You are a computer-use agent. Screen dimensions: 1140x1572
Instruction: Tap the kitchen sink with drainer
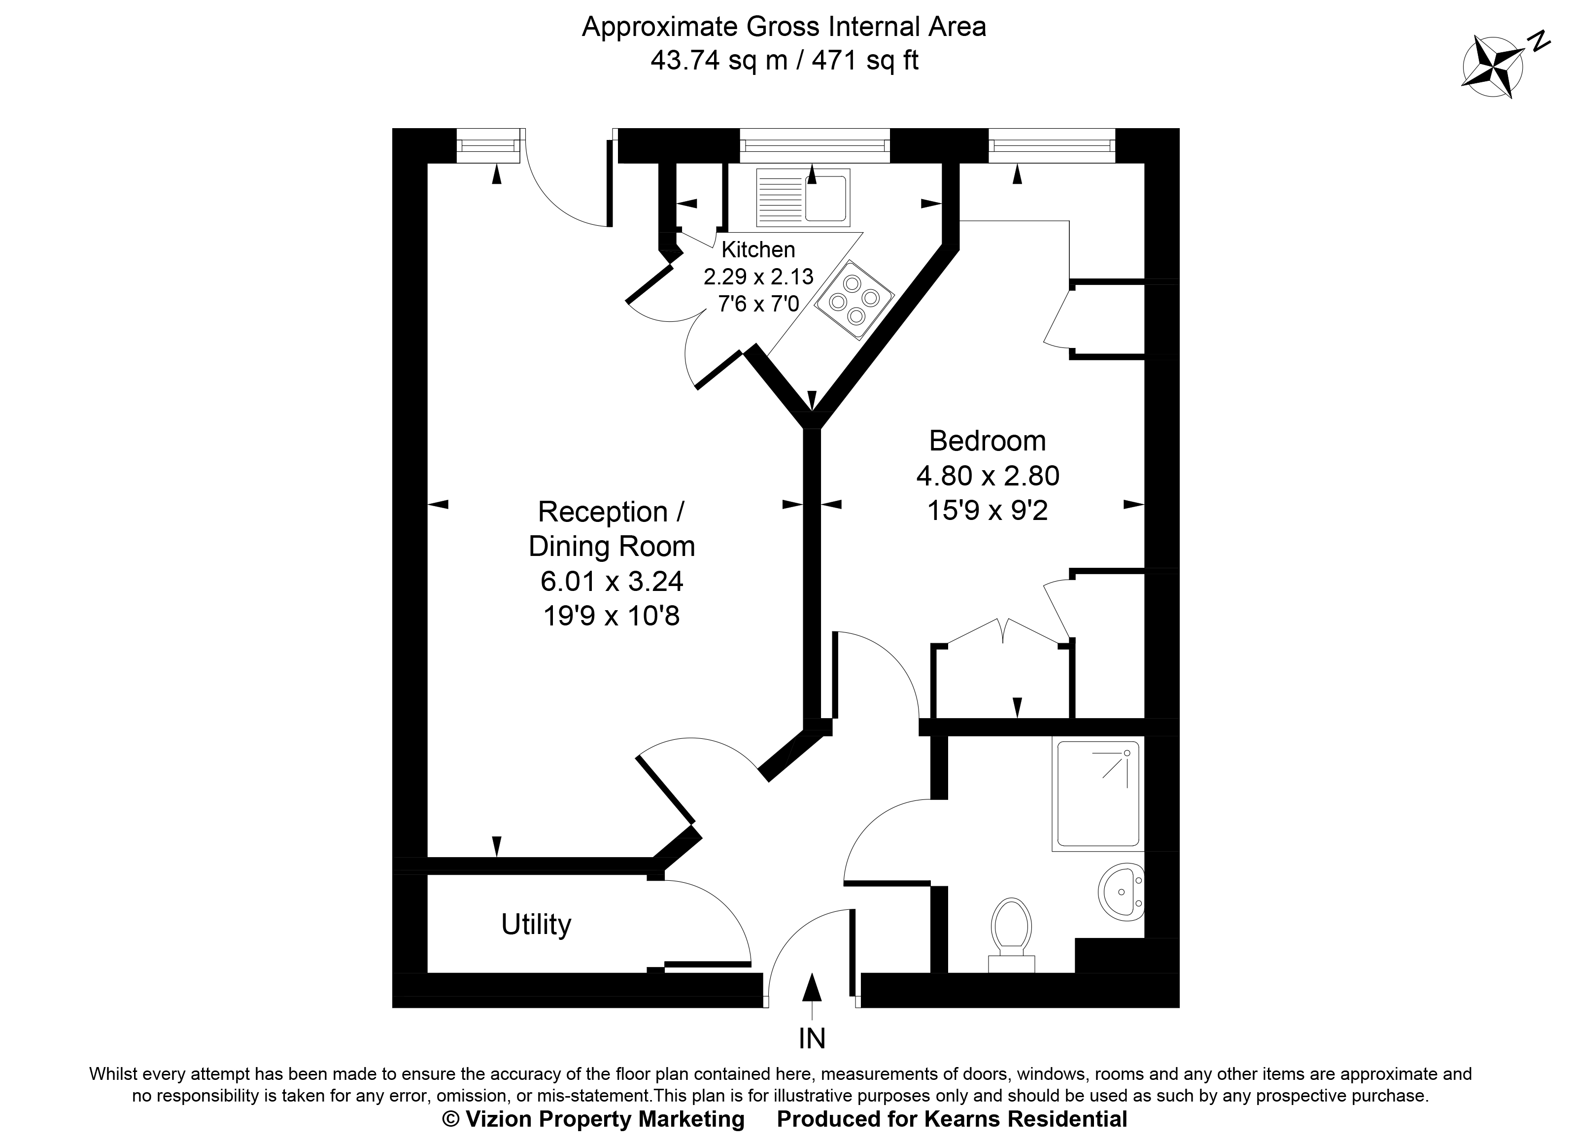coord(803,198)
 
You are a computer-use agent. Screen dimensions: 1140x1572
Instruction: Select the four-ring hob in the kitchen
coord(854,300)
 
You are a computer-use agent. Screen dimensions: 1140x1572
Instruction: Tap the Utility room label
coord(536,924)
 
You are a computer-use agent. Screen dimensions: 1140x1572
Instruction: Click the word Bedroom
coord(987,441)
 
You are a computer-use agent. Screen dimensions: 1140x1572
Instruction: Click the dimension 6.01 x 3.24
coord(612,581)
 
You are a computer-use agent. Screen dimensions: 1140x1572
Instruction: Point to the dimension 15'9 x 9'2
coord(987,511)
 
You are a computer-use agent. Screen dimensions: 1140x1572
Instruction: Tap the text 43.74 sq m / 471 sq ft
coord(784,61)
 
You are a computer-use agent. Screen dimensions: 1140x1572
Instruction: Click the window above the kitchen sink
coord(815,145)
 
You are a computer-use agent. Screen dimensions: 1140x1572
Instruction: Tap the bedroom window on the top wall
coord(1052,145)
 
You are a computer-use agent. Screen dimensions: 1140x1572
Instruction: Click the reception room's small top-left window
coord(487,145)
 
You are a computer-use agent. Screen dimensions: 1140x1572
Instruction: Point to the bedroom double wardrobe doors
coord(1003,632)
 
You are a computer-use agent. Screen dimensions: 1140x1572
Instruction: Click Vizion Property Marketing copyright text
coord(593,1119)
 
